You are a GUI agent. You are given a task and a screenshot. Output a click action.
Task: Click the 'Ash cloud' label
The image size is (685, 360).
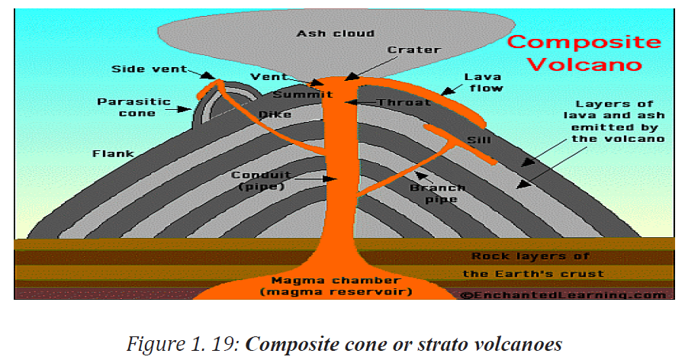(x=335, y=34)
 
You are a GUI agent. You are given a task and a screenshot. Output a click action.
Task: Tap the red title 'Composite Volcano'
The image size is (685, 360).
(x=584, y=53)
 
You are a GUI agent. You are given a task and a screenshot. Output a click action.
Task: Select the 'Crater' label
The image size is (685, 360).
(x=413, y=50)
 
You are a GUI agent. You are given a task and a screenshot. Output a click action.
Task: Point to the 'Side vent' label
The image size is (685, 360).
(x=149, y=69)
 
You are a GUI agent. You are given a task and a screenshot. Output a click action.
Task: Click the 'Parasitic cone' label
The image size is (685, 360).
(x=134, y=108)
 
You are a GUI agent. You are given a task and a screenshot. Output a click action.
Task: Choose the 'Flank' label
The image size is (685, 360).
(x=113, y=154)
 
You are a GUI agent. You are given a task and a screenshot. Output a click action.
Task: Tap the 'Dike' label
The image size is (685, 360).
(x=275, y=114)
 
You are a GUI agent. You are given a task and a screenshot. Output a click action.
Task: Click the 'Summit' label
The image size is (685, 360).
(x=303, y=95)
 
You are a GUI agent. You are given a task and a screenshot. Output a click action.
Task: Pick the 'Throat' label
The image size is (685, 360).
(x=404, y=103)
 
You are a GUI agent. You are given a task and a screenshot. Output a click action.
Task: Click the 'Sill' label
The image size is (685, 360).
(x=479, y=140)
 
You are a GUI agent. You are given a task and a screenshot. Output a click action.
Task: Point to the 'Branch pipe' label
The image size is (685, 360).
(x=437, y=194)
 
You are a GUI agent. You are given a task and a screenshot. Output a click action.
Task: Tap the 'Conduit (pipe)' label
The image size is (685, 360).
(x=261, y=181)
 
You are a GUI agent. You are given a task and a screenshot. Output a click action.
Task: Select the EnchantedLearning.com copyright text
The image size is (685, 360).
(x=563, y=295)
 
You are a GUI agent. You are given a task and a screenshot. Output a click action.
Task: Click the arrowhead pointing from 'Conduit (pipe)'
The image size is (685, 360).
(x=332, y=178)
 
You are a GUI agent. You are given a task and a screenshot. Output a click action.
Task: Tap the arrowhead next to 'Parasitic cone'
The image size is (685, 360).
(x=187, y=109)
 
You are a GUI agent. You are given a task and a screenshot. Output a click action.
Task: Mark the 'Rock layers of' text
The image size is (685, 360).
(x=530, y=256)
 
